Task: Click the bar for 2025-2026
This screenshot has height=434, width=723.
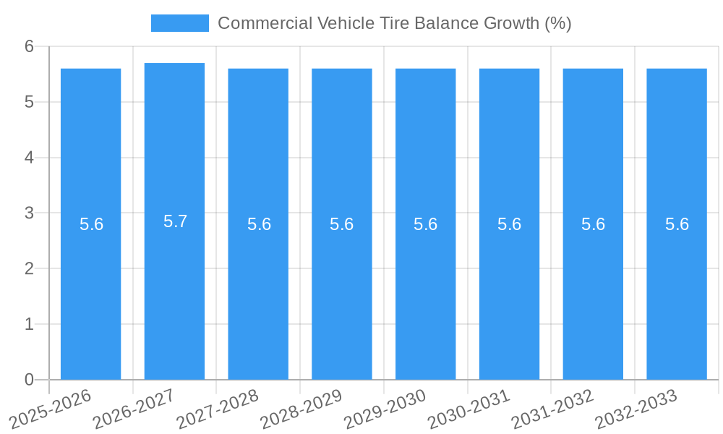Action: coord(90,289)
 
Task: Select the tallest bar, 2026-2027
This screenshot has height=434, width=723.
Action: coord(174,289)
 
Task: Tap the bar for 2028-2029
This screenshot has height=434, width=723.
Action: coord(342,289)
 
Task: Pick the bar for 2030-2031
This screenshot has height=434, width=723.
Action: coord(509,289)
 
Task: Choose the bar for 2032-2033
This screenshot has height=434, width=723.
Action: coord(677,289)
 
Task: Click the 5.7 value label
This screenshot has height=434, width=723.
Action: coord(175,221)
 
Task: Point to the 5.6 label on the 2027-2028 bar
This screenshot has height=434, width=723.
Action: coord(259,224)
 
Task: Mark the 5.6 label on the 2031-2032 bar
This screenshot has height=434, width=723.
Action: coord(593,224)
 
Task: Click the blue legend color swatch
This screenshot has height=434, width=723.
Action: coord(179,23)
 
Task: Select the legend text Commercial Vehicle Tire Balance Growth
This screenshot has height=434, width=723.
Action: coord(394,23)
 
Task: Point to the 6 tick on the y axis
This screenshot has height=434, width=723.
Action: coord(29,46)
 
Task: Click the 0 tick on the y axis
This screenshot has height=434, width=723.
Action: coord(29,380)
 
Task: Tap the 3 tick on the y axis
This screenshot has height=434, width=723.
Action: coord(29,213)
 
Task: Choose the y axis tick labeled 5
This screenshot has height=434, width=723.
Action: coord(29,102)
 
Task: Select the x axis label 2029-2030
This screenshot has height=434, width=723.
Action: coord(386,409)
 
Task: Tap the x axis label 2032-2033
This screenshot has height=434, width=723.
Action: coord(636,409)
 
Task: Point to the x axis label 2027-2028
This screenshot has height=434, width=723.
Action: coord(219,409)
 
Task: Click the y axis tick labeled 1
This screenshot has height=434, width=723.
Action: coord(29,324)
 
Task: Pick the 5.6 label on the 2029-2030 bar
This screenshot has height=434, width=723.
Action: coord(425,224)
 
